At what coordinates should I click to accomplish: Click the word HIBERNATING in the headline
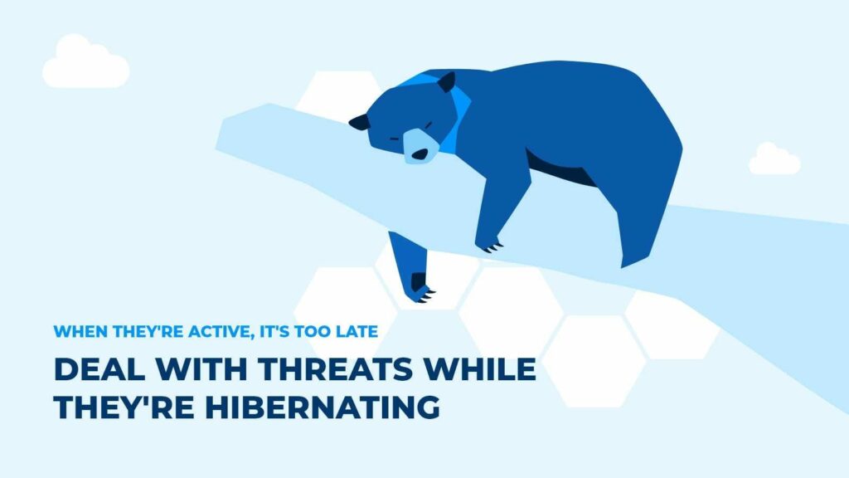323,407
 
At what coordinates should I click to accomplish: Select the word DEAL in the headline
99,369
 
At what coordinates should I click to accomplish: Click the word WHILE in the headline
480,369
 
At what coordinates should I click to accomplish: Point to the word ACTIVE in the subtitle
221,331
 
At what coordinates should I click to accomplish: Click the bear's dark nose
420,155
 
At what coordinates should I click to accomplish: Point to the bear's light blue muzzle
420,146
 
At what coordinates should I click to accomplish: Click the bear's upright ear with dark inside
447,82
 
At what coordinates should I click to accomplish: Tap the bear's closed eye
428,125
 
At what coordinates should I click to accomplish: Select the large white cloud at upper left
85,61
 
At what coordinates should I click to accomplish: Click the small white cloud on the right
774,159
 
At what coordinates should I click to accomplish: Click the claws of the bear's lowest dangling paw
426,295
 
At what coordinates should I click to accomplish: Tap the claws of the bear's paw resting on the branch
493,247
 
